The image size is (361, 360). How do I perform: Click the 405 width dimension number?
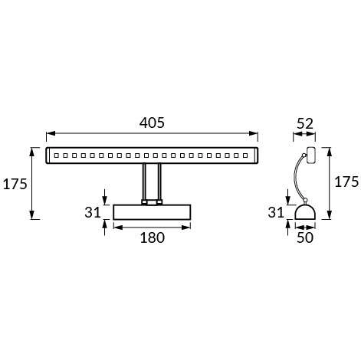[152, 123]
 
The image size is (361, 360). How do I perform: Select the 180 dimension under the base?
[152, 237]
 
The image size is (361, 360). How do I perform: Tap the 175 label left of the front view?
[15, 184]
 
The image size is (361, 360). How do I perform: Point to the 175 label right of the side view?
[346, 182]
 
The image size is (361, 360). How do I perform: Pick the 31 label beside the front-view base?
[93, 211]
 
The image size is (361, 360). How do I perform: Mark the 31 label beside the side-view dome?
[277, 211]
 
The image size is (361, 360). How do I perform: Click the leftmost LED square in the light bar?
[54, 155]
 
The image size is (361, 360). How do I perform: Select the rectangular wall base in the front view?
[152, 211]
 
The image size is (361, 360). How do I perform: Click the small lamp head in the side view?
[310, 155]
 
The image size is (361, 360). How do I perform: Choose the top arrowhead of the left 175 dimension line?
[32, 150]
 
